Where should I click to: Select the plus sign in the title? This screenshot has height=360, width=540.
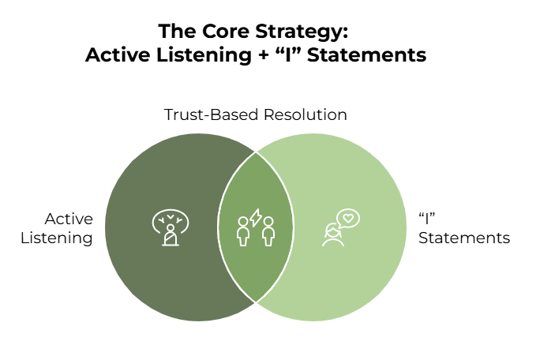(x=263, y=55)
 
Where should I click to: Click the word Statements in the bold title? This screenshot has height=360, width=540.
(x=366, y=55)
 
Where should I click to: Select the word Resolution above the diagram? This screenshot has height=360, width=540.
(x=305, y=114)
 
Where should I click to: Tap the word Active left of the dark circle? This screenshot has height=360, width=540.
(x=69, y=219)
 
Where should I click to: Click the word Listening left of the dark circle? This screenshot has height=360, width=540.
(x=57, y=238)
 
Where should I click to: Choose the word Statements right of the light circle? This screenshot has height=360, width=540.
(x=464, y=238)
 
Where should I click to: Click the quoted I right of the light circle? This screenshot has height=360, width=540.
(x=427, y=219)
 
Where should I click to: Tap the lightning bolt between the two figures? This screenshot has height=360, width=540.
(x=256, y=218)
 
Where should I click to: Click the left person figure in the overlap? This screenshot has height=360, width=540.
(x=243, y=231)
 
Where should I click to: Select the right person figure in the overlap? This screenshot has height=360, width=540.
(x=268, y=231)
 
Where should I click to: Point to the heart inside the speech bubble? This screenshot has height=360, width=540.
(x=348, y=218)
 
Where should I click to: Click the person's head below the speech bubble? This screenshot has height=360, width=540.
(x=332, y=231)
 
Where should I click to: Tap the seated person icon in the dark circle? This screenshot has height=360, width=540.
(x=171, y=235)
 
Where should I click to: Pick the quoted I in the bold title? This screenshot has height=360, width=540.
(x=287, y=54)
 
